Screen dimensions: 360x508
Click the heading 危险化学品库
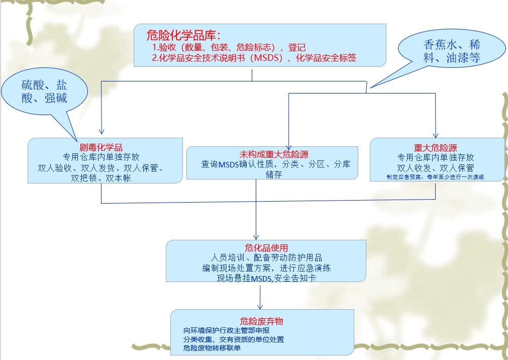pos(183,35)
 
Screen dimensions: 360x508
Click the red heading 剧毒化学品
pos(101,148)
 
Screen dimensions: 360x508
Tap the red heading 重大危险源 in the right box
pos(435,148)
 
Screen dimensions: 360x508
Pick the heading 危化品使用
pos(266,248)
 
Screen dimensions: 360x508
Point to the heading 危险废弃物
pos(263,321)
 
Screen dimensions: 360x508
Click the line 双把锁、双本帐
pos(101,177)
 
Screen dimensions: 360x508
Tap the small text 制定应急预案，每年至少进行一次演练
pos(435,177)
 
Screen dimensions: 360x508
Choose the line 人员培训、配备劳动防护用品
pos(266,258)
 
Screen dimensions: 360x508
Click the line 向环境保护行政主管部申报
pos(227,331)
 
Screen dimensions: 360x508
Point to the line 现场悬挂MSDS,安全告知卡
pos(266,278)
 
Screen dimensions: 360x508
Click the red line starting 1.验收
pos(229,48)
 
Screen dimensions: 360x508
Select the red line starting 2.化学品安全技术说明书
pos(254,58)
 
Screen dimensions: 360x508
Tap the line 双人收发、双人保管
pos(435,167)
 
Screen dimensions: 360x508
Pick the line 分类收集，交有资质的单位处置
pos(234,339)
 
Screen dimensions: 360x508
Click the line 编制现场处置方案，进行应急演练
pos(266,267)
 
